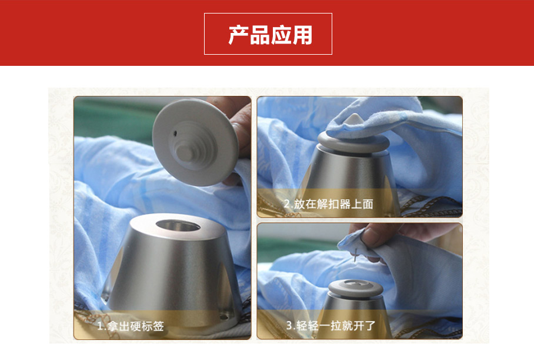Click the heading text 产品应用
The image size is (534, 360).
[x=270, y=35]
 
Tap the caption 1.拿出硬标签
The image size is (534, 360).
[x=131, y=326]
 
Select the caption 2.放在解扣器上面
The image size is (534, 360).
[x=328, y=204]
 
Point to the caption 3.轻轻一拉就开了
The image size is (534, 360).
[x=331, y=326]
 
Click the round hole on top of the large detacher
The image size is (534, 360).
[x=178, y=226]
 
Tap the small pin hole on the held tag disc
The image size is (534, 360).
[x=175, y=133]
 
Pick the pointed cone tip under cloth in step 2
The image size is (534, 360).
[x=354, y=119]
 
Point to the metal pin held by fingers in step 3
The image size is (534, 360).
[x=356, y=255]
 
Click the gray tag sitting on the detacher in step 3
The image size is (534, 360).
[x=356, y=288]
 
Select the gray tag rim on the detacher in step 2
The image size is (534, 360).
[x=353, y=143]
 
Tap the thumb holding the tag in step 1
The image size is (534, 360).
[x=240, y=129]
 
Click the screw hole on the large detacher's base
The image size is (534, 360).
[x=223, y=317]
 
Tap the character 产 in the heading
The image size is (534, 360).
[x=238, y=35]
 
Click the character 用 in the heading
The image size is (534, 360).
[x=302, y=35]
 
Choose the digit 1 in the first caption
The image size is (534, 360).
[x=100, y=326]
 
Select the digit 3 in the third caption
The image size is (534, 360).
[x=289, y=325]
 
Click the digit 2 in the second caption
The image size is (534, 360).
[x=287, y=204]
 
